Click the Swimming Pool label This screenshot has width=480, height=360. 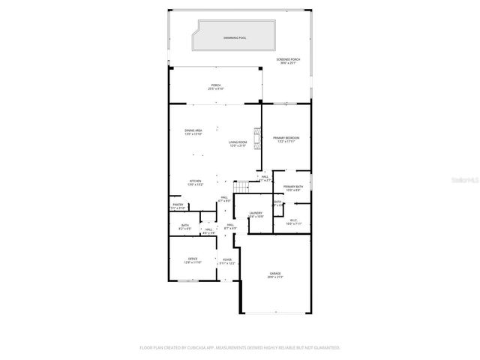(x=235, y=37)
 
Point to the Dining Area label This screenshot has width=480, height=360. (x=193, y=132)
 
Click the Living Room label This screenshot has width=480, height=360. (x=238, y=143)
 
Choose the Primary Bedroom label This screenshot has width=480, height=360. (x=286, y=139)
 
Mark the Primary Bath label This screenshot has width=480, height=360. (x=293, y=187)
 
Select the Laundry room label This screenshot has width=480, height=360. (x=255, y=214)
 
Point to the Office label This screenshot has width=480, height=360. (x=193, y=259)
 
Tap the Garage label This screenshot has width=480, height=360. (x=275, y=274)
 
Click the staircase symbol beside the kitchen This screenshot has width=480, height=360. (x=241, y=186)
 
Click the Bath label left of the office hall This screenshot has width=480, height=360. (x=184, y=226)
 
